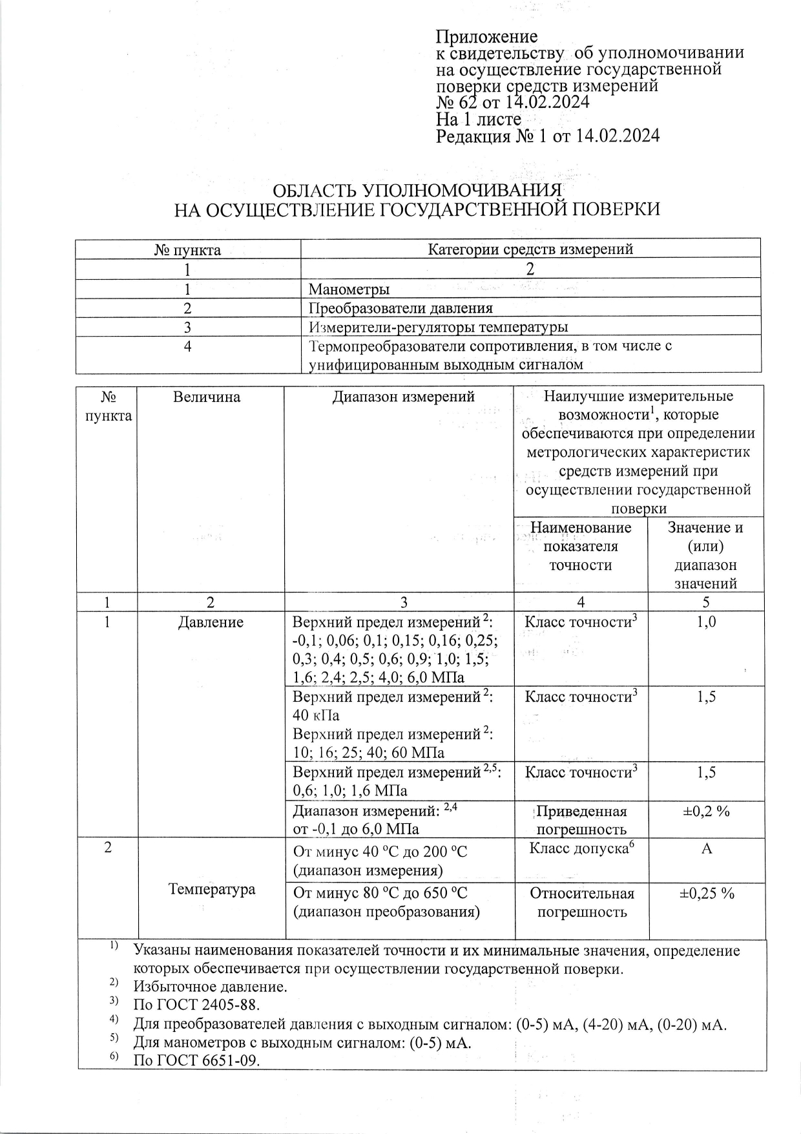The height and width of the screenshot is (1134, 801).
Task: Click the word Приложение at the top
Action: click(487, 36)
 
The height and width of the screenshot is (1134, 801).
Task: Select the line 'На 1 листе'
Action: click(479, 120)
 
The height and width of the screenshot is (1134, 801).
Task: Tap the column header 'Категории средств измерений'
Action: click(530, 249)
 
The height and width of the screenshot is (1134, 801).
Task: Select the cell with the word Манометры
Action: click(349, 289)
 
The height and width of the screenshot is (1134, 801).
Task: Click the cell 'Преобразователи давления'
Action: click(400, 308)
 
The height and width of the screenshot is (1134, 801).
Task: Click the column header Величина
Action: click(207, 397)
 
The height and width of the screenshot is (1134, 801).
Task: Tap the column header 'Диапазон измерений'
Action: click(403, 397)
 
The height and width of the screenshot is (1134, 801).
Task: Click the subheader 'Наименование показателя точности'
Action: click(581, 547)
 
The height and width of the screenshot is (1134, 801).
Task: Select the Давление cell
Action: click(211, 623)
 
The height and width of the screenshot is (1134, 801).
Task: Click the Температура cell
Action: click(212, 889)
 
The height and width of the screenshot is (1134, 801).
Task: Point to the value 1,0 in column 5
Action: click(706, 623)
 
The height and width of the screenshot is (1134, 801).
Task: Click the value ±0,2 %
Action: click(706, 812)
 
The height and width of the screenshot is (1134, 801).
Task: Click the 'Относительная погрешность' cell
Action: click(582, 903)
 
